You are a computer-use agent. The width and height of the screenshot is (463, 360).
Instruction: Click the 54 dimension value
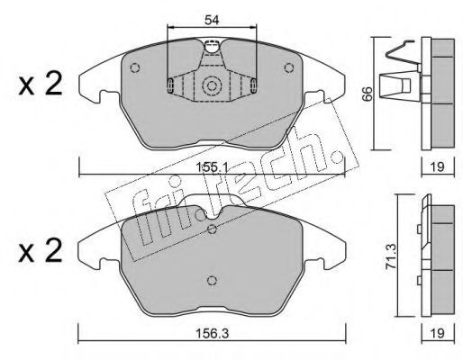click(x=213, y=20)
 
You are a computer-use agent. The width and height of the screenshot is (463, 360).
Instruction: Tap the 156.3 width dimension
click(x=212, y=333)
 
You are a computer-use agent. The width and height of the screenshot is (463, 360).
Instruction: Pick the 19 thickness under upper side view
click(x=438, y=166)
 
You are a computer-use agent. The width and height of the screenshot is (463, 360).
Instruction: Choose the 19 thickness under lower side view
click(x=438, y=333)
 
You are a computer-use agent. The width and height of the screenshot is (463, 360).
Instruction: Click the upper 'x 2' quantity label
click(x=41, y=85)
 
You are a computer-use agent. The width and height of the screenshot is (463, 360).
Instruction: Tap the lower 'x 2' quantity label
click(x=41, y=251)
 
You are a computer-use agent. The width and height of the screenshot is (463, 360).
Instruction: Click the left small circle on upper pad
click(x=135, y=67)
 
